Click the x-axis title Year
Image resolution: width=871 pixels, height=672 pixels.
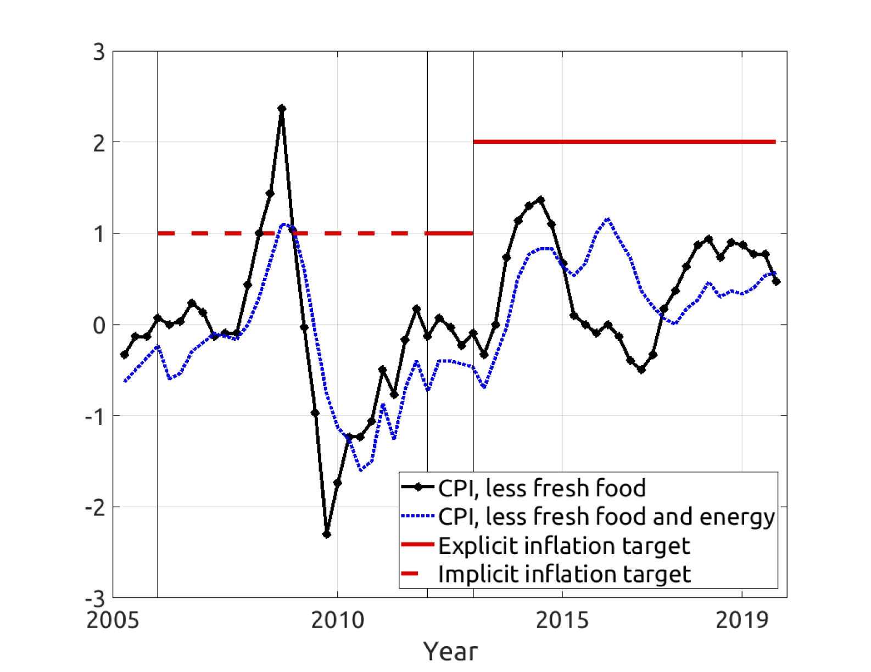[x=450, y=652]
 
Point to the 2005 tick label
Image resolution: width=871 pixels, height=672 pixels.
[x=113, y=620]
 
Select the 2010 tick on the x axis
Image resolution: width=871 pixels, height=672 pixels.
[x=338, y=620]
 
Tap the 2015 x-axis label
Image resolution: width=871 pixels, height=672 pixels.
[x=562, y=620]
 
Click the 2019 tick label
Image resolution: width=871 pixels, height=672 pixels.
[x=742, y=620]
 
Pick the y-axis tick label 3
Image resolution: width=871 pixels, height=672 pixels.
[x=99, y=52]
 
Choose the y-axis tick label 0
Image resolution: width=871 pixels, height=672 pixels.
[x=99, y=325]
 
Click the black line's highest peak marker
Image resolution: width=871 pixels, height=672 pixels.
[x=282, y=109]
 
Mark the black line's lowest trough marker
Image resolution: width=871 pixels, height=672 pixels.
[x=327, y=534]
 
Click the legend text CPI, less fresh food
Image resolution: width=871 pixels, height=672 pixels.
[x=541, y=488]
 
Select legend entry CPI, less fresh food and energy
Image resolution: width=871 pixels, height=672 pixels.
[x=606, y=516]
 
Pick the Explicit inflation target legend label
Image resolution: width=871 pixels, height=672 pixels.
[x=564, y=545]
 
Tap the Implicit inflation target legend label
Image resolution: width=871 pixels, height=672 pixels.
[x=564, y=574]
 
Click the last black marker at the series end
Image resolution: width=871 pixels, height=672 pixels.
[x=776, y=282]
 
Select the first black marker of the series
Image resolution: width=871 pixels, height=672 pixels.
[x=124, y=355]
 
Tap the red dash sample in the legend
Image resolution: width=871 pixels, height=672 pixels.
[x=410, y=574]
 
